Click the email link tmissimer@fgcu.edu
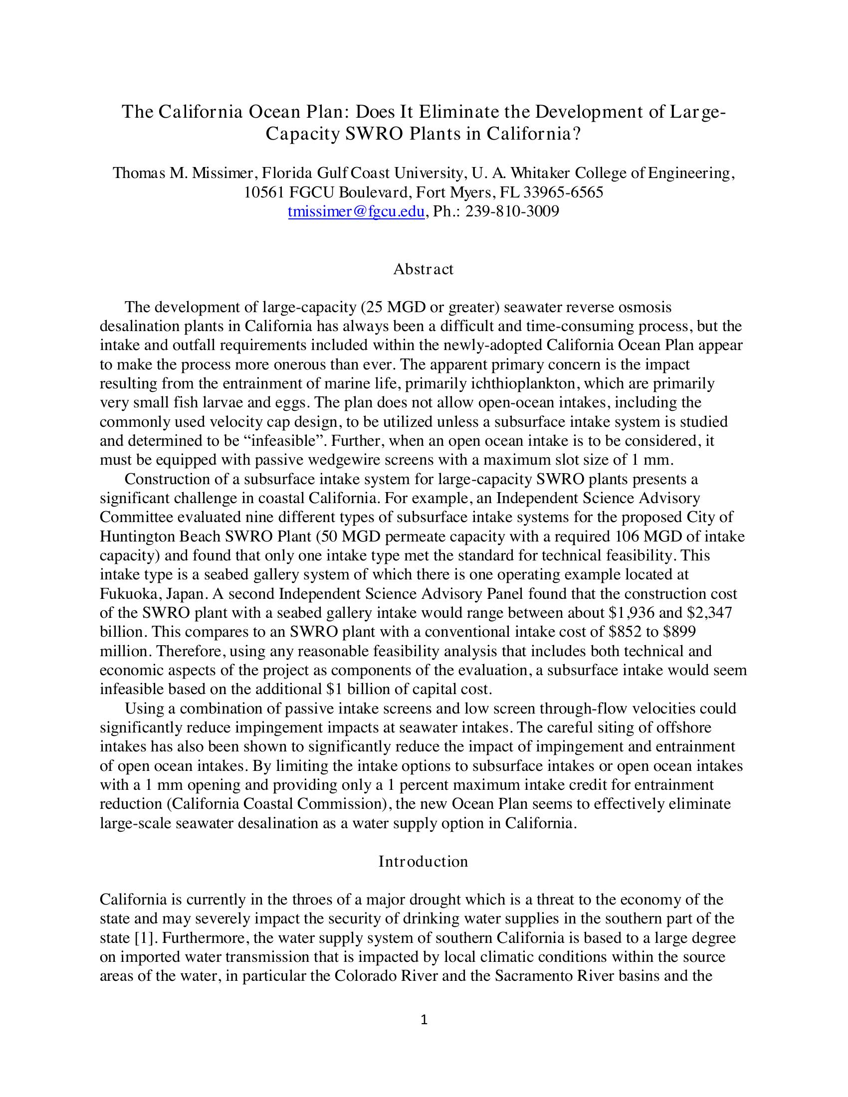(x=356, y=212)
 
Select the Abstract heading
(x=423, y=269)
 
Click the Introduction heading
(x=423, y=862)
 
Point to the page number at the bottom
(x=424, y=1020)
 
